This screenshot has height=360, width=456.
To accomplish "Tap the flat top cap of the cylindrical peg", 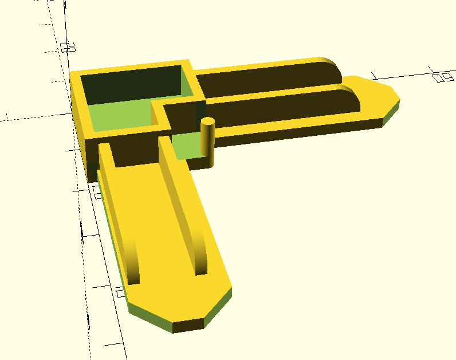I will coord(207,121).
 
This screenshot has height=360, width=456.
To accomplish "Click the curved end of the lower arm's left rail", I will coord(133,264).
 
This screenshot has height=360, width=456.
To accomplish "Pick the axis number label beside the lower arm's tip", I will coord(119,293).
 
